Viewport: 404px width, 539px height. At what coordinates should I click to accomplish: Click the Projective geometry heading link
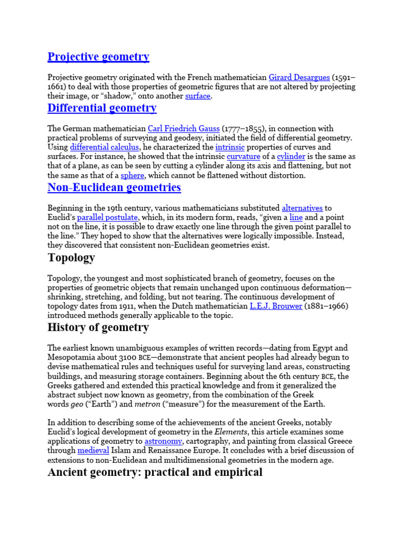click(98, 57)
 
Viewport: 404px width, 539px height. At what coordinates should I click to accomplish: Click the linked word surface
click(198, 96)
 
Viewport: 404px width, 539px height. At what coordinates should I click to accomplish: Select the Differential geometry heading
click(102, 108)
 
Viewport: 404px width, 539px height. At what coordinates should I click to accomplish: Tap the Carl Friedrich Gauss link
click(184, 128)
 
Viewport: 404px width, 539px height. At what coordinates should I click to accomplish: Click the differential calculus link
click(105, 147)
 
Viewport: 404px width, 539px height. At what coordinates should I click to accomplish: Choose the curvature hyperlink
click(243, 157)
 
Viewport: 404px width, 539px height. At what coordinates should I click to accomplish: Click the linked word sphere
click(132, 176)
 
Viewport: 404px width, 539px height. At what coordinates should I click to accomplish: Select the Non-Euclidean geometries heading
click(114, 187)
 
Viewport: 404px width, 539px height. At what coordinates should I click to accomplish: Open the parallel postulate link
click(108, 217)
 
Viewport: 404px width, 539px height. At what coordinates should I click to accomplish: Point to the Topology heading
click(71, 258)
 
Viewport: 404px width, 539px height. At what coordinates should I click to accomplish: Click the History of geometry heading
click(98, 328)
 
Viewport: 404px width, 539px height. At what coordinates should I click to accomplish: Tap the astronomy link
click(164, 441)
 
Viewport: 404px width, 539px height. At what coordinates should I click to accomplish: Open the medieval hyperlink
click(94, 451)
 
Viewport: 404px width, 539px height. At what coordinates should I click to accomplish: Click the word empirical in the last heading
click(236, 472)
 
